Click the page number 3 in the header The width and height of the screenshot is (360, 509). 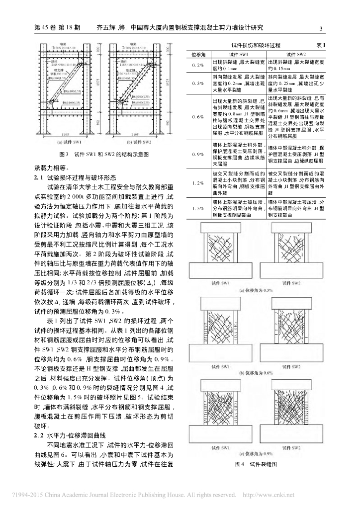click(321, 28)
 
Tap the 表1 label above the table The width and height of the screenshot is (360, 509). click(321, 45)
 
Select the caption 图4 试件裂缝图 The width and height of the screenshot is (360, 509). click(256, 464)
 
